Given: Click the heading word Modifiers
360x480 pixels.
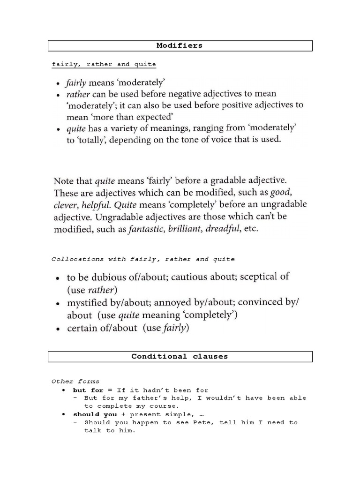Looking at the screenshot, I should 180,45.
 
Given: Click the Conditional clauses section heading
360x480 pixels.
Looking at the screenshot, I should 180,356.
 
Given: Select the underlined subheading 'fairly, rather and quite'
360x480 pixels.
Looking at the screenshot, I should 104,64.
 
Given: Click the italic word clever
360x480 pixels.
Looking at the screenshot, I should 66,205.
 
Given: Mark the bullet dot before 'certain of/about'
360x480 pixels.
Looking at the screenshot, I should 57,329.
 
